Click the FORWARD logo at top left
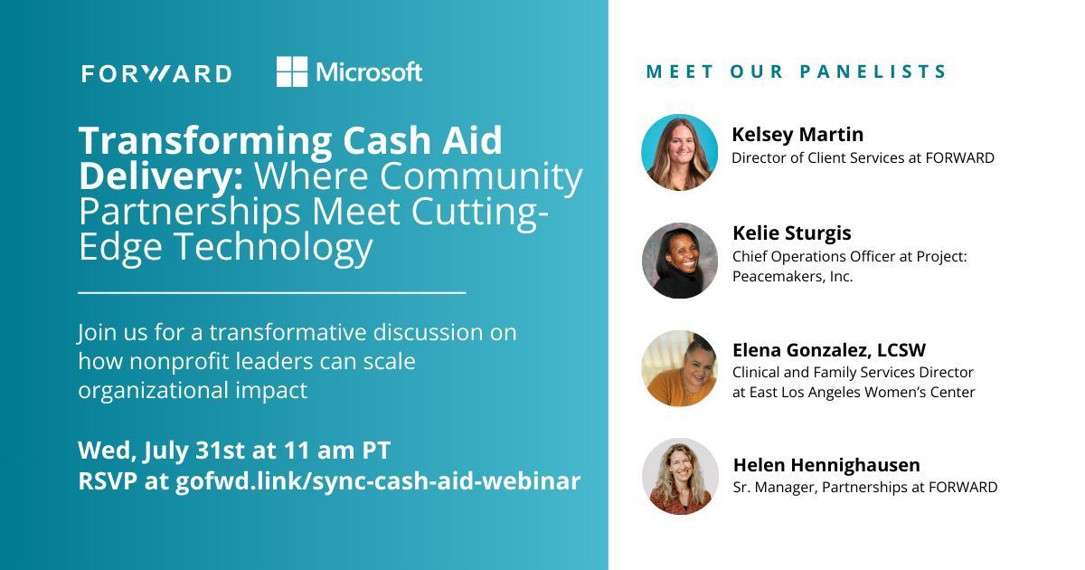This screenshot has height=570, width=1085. [156, 73]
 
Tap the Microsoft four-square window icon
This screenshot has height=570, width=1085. [292, 71]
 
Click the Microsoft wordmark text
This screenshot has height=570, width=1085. [369, 72]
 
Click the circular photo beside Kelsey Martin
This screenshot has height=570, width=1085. [680, 152]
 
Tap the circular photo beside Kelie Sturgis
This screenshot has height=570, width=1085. [680, 261]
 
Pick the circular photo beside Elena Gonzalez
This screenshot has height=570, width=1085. [680, 368]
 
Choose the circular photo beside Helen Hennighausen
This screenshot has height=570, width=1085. [680, 476]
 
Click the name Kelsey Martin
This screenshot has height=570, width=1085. [797, 135]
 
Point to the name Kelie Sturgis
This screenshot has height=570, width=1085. [792, 233]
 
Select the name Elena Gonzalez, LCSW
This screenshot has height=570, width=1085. [829, 350]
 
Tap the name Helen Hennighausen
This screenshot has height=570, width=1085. [826, 465]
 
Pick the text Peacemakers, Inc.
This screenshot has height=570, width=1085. [792, 277]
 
